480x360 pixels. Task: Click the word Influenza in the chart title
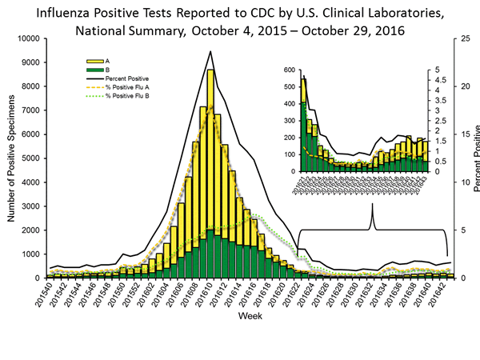[x=58, y=14]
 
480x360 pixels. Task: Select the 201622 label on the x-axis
[x=294, y=294]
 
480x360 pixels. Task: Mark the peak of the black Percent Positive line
[x=210, y=51]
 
